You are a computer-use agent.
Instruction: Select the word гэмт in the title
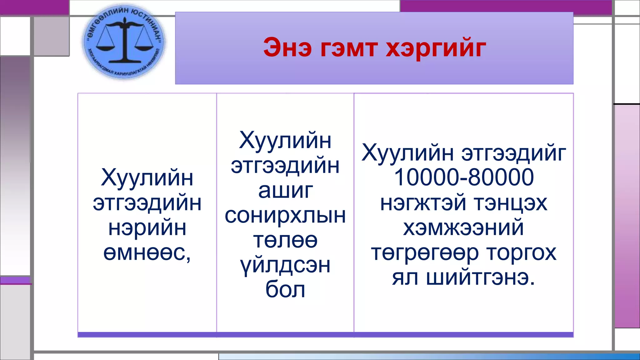(x=348, y=48)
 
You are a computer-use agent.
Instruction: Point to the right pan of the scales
(x=144, y=47)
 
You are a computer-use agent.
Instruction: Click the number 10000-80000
(x=464, y=177)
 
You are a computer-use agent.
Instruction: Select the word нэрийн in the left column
(x=147, y=228)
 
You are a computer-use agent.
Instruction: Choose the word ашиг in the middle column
(x=285, y=191)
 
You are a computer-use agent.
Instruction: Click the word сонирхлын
(x=285, y=216)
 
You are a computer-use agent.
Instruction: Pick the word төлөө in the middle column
(x=285, y=241)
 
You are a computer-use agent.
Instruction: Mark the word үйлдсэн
(x=285, y=266)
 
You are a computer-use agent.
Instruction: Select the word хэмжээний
(x=464, y=228)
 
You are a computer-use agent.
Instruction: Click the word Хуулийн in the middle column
(x=285, y=141)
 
